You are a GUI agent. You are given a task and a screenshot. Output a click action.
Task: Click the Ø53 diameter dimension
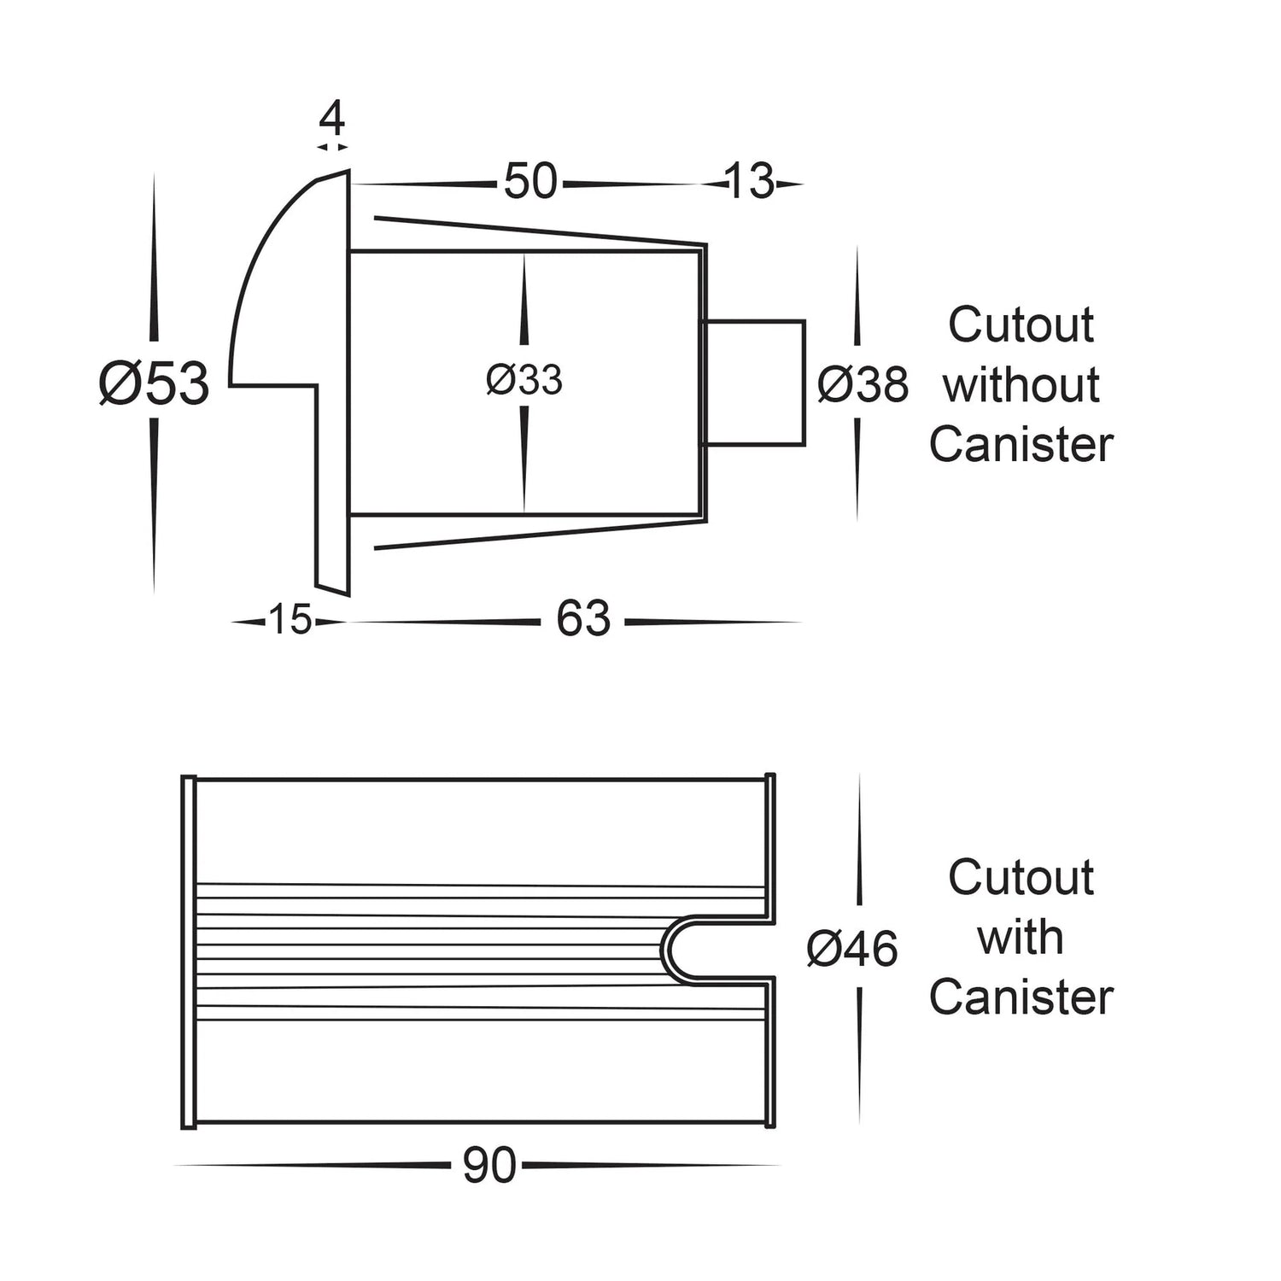(x=155, y=383)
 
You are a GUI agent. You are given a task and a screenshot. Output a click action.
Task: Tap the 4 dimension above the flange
(x=332, y=119)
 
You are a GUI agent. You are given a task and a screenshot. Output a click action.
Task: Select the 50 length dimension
(x=529, y=182)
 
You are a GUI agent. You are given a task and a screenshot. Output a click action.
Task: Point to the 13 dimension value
(x=749, y=182)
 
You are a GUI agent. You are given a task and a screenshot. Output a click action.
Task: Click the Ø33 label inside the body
(x=524, y=380)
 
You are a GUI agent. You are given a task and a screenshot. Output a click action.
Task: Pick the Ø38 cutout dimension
(x=863, y=384)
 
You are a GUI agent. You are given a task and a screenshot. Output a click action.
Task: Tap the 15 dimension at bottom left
(x=290, y=620)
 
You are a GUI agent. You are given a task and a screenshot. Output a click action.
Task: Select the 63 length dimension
(x=583, y=619)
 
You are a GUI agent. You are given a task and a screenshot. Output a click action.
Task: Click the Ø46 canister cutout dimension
(x=852, y=949)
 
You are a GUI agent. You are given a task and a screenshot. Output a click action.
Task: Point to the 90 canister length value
(x=489, y=1166)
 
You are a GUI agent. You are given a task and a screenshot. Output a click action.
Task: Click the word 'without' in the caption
(x=1021, y=385)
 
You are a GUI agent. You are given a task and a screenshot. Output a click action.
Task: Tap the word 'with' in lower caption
(x=1021, y=938)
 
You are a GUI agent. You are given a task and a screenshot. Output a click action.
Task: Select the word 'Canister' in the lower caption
(x=1021, y=997)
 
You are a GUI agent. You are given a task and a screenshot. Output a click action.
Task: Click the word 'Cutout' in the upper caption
(x=1021, y=325)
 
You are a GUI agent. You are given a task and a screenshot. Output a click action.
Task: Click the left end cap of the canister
(x=190, y=950)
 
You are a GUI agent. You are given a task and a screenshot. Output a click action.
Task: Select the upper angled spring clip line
(x=538, y=230)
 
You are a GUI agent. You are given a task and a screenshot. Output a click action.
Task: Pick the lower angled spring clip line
(x=538, y=533)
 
